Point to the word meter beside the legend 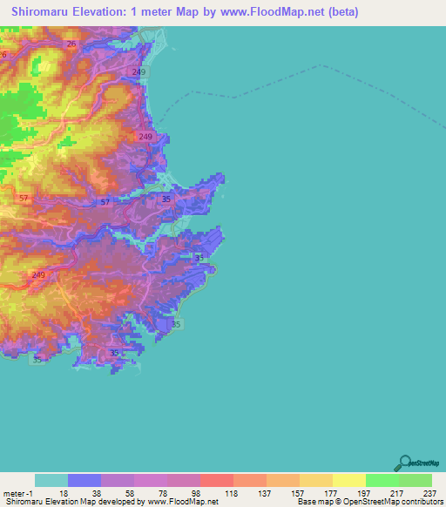[x=14, y=493]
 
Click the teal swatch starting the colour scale [x=51, y=480]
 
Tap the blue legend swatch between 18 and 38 [x=84, y=480]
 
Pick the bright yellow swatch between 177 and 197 [x=349, y=480]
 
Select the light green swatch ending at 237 [x=416, y=480]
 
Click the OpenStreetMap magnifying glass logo [x=403, y=463]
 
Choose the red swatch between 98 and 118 [x=217, y=480]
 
